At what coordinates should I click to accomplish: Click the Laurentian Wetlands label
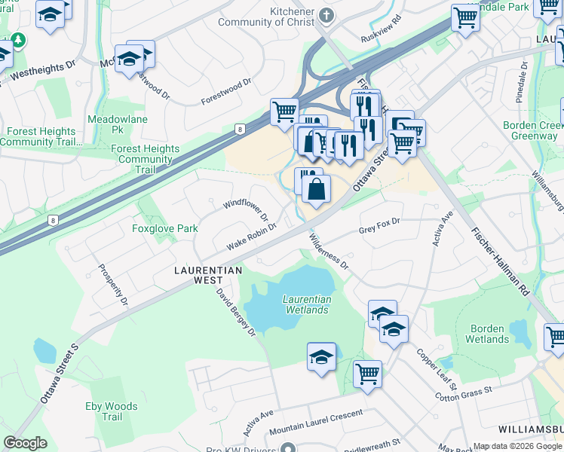(306, 304)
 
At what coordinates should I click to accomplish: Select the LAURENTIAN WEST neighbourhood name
(207, 274)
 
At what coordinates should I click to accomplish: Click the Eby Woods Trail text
(112, 411)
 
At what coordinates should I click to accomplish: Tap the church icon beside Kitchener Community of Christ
(326, 15)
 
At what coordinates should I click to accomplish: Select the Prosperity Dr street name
(113, 285)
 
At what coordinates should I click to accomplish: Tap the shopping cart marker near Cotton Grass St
(367, 373)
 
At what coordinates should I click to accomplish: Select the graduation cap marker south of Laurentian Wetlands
(321, 356)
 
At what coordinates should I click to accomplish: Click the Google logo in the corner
(26, 443)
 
